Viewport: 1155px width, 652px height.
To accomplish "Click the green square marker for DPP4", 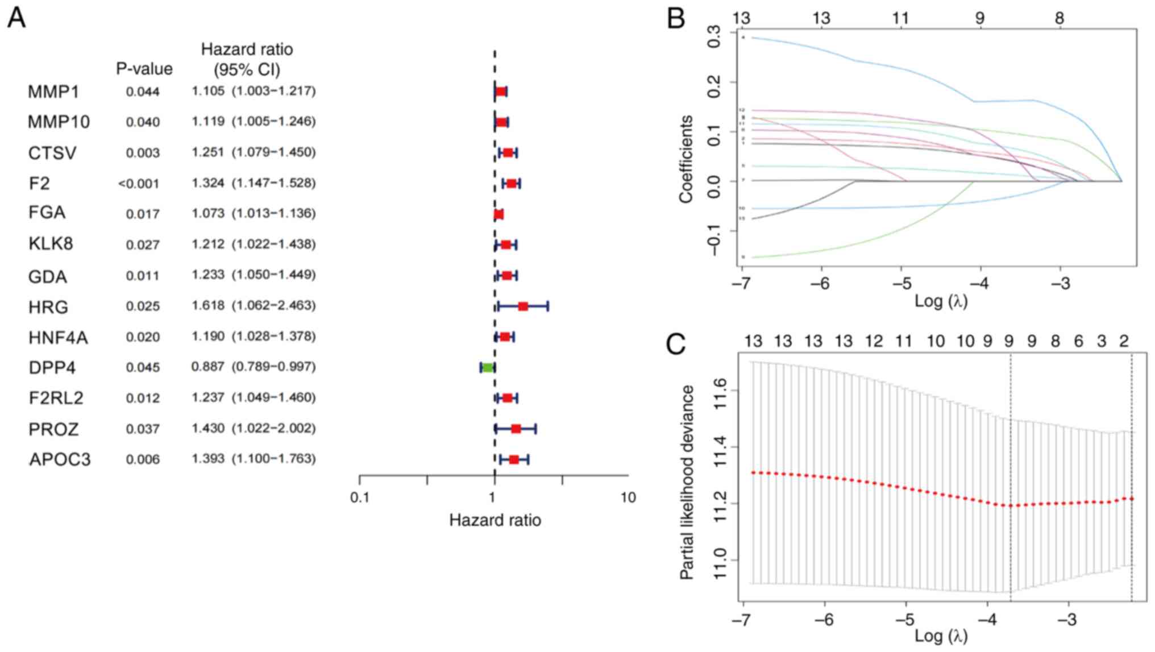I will coord(487,368).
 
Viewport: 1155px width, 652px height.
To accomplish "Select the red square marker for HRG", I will coord(523,306).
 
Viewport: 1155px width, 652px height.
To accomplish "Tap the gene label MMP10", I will coord(59,122).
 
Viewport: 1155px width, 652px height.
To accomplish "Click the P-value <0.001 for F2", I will coord(139,184).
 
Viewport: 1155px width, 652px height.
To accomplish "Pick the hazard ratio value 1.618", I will coord(208,306).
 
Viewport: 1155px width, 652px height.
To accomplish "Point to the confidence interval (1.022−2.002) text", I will coord(273,428).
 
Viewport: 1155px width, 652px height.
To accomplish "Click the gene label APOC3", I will coord(60,459).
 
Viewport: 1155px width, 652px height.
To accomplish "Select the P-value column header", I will coord(144,69).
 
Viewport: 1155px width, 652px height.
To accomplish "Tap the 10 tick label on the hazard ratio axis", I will coord(628,498).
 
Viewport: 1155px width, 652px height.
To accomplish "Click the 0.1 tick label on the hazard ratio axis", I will coord(360,498).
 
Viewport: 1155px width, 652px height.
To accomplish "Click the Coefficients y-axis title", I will coord(686,159).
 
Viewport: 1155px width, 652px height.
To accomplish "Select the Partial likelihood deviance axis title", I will coord(687,482).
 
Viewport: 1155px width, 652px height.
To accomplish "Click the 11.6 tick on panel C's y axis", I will coord(720,391).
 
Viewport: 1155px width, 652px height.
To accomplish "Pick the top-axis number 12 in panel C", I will coord(874,341).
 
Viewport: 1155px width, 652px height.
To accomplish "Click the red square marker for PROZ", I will coord(516,429).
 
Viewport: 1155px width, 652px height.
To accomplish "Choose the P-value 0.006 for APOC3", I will coord(143,459).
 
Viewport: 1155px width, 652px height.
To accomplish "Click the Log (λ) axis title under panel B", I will coord(941,301).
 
